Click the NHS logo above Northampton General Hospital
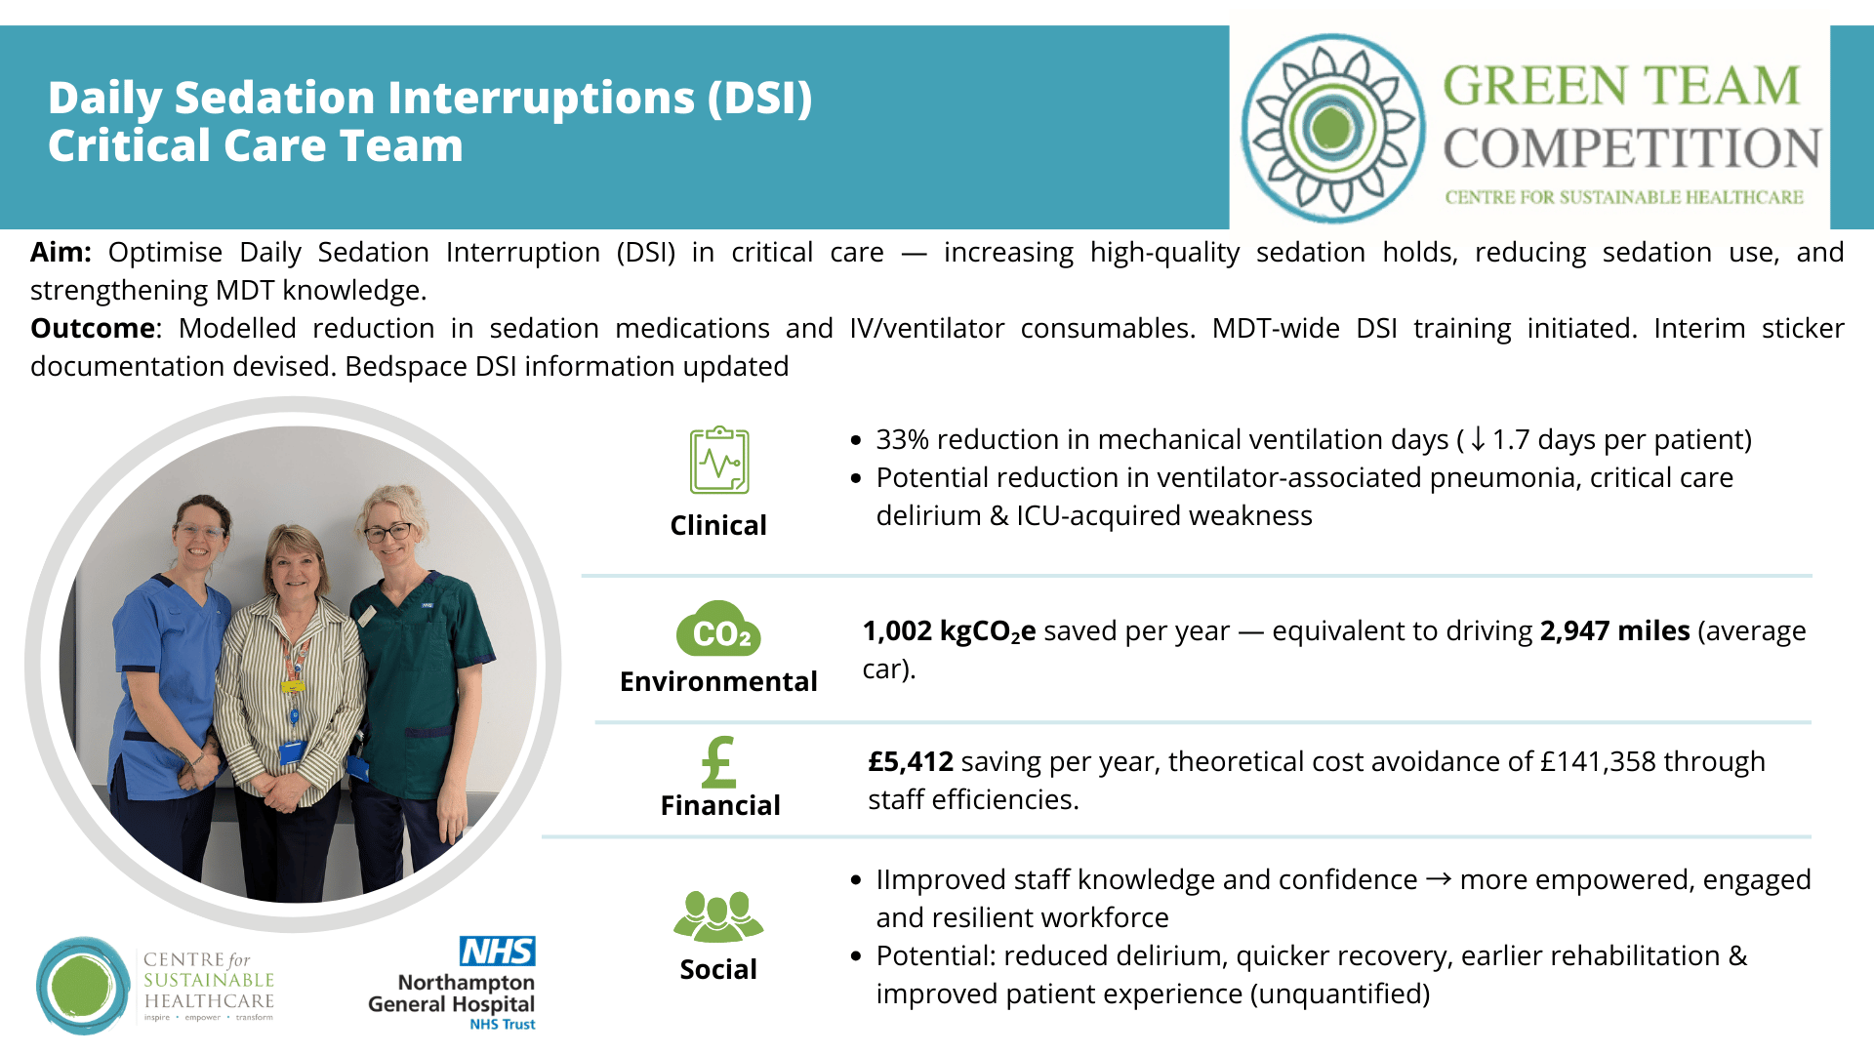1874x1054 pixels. click(498, 951)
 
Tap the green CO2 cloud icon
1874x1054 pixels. click(718, 628)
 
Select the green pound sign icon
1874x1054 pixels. click(718, 761)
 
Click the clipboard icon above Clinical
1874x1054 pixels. click(719, 460)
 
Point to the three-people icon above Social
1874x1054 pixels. click(718, 915)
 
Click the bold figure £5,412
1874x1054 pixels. click(911, 761)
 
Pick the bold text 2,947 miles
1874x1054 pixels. click(1614, 630)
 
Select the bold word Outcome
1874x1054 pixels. click(93, 328)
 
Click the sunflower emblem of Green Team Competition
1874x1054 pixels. click(1333, 128)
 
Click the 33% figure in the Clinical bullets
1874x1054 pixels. click(902, 439)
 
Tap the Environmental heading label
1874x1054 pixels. click(718, 681)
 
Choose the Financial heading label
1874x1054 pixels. click(720, 805)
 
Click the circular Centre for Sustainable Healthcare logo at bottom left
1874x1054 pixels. click(83, 985)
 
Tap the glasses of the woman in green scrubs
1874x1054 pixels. click(387, 533)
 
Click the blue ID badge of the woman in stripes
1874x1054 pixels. click(293, 751)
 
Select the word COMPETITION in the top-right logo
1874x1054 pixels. click(1632, 148)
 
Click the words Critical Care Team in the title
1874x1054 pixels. click(256, 145)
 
